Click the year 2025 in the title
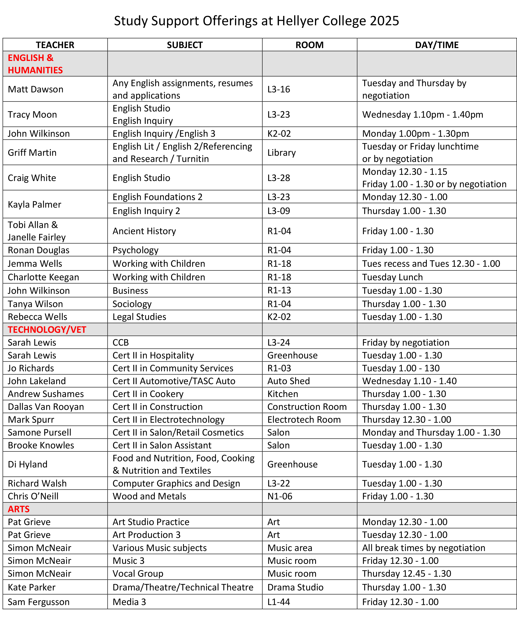384,21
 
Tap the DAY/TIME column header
437,45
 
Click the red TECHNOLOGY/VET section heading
47,330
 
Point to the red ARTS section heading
19,509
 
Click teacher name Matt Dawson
35,89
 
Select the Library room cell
281,152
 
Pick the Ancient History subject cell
144,231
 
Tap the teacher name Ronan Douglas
39,250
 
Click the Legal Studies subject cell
139,317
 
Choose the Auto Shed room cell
288,381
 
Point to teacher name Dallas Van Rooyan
46,407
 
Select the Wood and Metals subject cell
149,496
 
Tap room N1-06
280,496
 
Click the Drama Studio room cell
295,587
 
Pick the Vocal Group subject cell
138,574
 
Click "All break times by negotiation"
424,548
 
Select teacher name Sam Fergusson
39,602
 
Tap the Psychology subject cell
135,250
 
